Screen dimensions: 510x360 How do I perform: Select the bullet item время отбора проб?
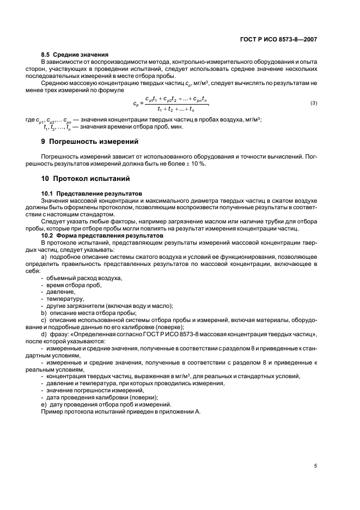74,286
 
